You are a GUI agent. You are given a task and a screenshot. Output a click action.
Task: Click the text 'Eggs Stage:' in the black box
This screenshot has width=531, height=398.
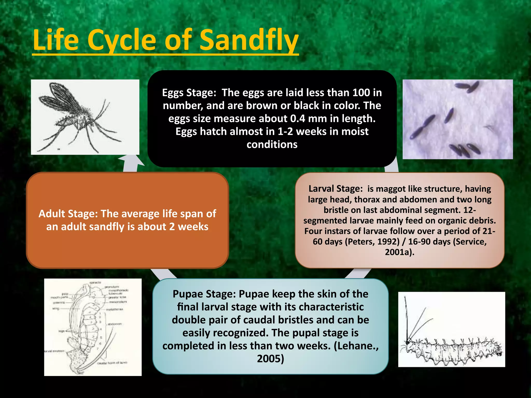click(x=189, y=93)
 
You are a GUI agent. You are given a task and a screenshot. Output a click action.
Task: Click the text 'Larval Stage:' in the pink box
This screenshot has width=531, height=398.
click(x=336, y=189)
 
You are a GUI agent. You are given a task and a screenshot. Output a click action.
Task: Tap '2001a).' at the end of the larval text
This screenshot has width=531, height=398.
click(x=400, y=252)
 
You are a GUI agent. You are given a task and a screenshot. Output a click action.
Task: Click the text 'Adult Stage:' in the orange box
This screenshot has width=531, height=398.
click(x=68, y=214)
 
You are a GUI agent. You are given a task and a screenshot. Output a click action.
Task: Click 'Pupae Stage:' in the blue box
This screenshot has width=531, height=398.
click(x=204, y=294)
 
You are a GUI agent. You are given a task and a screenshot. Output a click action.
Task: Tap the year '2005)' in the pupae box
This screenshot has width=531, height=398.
click(x=270, y=359)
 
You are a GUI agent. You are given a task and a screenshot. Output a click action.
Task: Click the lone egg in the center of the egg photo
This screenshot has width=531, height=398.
click(x=449, y=115)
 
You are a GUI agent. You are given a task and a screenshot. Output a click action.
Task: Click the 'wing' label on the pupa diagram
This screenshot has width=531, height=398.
click(x=56, y=309)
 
